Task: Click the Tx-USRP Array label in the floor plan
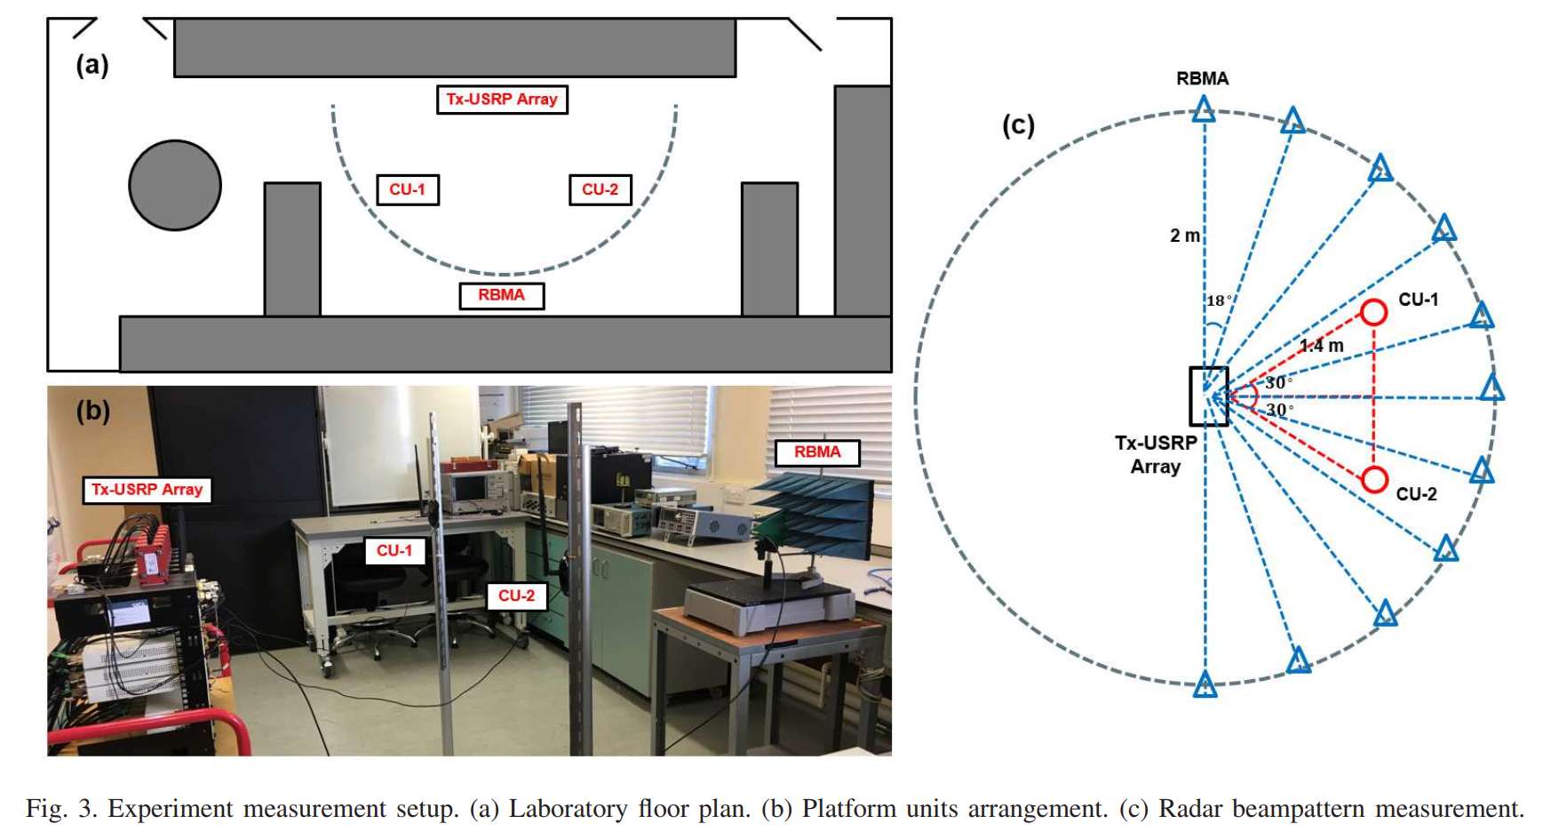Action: coord(502,100)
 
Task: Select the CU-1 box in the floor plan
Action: coord(408,189)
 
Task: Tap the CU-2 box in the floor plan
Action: coord(600,189)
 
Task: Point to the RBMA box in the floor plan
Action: coord(501,295)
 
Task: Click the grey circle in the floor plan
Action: coord(175,185)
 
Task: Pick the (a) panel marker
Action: coord(92,65)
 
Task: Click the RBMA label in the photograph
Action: coord(816,452)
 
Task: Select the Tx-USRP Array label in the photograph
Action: coord(147,490)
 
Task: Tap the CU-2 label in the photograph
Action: coord(516,596)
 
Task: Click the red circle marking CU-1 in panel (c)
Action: coord(1373,312)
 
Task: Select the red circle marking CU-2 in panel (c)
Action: coord(1374,479)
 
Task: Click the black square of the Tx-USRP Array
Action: coord(1209,396)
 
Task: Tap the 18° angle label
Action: coord(1218,300)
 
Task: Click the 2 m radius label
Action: coord(1184,236)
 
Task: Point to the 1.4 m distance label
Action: coord(1322,345)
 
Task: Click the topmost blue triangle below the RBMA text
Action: coord(1204,110)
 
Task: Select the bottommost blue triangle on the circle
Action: coord(1205,684)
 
